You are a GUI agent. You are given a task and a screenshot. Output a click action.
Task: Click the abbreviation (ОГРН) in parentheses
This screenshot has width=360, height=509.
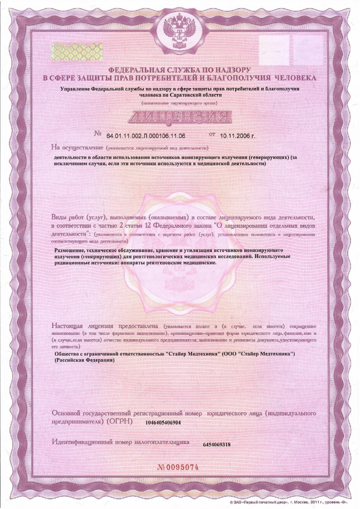120,421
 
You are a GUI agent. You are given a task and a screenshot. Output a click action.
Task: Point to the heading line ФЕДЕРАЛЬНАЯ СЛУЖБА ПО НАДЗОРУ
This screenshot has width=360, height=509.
179,70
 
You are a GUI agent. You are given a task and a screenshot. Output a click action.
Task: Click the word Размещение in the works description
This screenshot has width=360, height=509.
69,250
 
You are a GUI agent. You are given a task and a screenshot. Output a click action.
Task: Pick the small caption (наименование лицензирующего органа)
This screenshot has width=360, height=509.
179,103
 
